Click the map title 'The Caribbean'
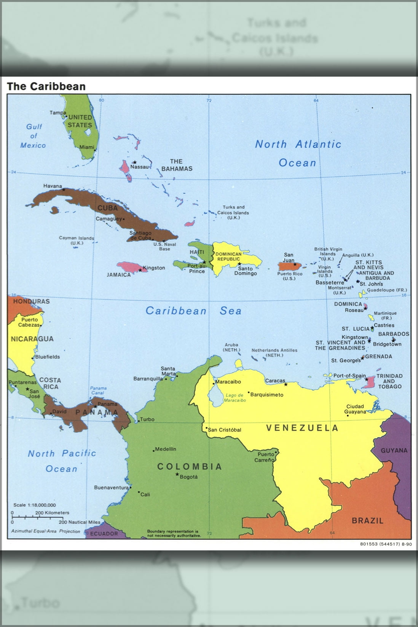[46, 86]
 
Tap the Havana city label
[53, 186]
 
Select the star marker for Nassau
[134, 162]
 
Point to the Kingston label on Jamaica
[154, 268]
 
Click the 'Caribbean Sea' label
[193, 311]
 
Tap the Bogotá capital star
[177, 474]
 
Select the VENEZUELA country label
[302, 428]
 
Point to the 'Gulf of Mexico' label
[33, 136]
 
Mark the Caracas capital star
[286, 384]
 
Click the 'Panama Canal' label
[98, 390]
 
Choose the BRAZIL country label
[367, 521]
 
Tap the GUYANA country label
[394, 450]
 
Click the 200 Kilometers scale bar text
[53, 513]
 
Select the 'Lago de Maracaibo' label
[235, 398]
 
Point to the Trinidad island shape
[370, 382]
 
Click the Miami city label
[87, 147]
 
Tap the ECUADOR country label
[104, 534]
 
